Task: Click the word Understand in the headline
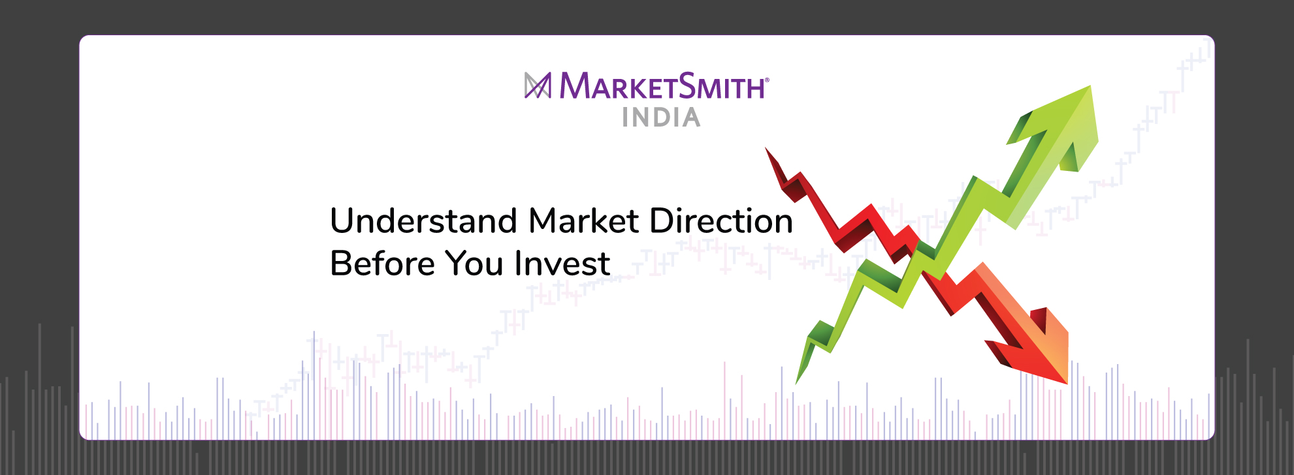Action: coord(424,221)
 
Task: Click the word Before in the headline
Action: coord(382,264)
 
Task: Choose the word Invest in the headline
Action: coord(562,264)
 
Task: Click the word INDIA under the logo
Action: coord(661,118)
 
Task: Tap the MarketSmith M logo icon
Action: coord(538,85)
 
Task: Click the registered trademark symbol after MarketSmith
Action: coord(767,80)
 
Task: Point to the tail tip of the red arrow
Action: coord(768,152)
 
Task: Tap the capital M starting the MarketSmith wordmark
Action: coord(575,85)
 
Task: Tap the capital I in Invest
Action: coord(517,264)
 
